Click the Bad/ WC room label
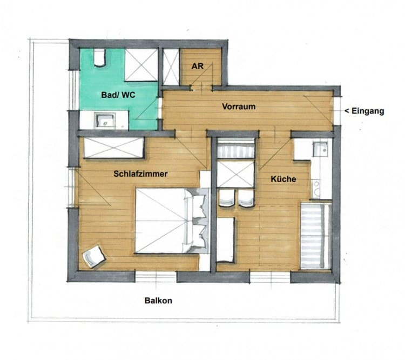118,95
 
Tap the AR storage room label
197,66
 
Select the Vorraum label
239,106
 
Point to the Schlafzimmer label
140,174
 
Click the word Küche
283,179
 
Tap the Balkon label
158,301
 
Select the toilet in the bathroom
99,58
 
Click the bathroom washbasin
105,120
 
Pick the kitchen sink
320,149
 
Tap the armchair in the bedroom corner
94,256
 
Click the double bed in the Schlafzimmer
172,221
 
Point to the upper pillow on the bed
199,205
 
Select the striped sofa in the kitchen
316,236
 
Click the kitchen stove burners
316,189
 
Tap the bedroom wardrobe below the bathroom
113,148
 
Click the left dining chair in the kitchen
226,198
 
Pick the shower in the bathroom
141,65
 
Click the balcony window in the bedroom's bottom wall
156,276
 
